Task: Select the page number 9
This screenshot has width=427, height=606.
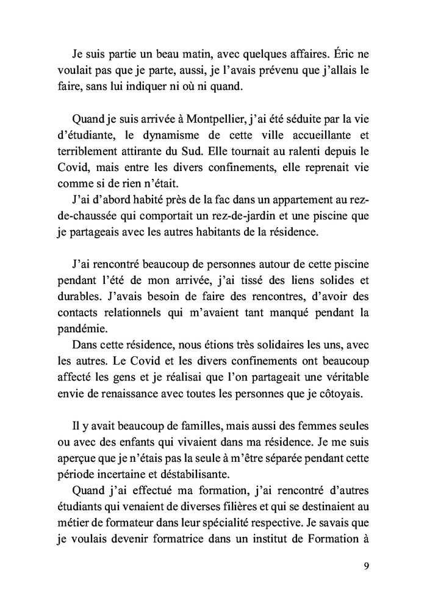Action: (365, 566)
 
